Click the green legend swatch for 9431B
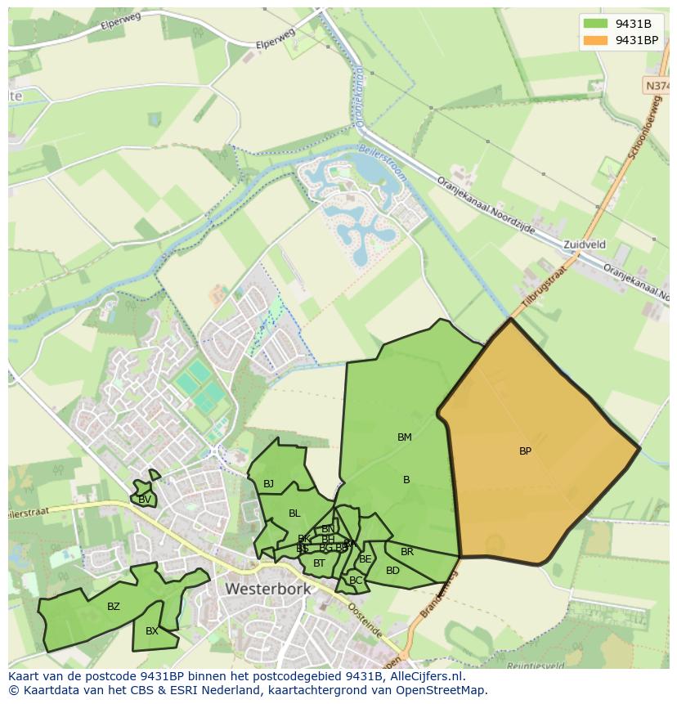596,24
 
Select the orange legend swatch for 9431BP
596,40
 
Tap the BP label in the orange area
525,451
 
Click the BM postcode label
404,437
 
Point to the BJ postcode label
268,484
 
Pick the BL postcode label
294,513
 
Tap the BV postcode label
145,500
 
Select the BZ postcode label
114,607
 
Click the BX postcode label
152,631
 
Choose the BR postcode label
407,552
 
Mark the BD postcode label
392,571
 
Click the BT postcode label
319,563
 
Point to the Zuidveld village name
585,244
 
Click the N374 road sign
657,86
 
